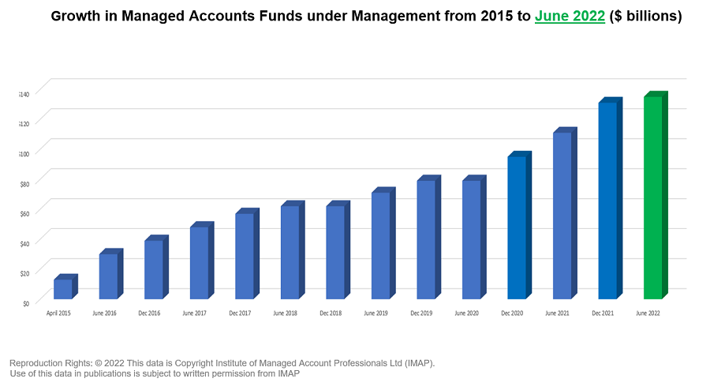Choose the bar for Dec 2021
click(608, 200)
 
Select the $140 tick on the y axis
click(24, 94)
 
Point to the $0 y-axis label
click(26, 302)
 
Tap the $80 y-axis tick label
click(24, 183)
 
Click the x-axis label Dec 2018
click(331, 313)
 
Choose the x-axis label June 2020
click(466, 313)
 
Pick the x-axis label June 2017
click(194, 313)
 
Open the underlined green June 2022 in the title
click(570, 17)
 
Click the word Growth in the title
click(78, 17)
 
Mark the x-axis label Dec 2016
click(148, 313)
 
